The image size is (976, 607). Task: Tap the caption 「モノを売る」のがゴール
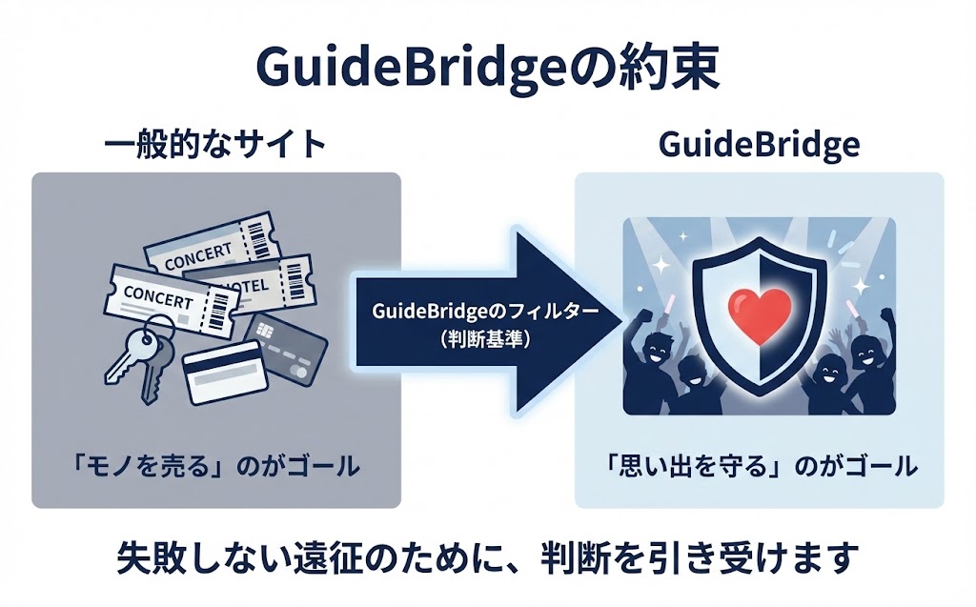coord(215,466)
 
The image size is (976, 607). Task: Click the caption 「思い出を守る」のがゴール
coord(759,466)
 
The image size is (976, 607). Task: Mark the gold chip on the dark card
coord(264,330)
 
